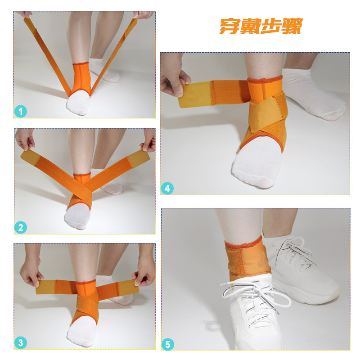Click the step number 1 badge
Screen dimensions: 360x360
click(x=21, y=112)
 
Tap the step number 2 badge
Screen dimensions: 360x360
click(x=21, y=228)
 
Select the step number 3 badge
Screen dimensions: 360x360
click(x=21, y=343)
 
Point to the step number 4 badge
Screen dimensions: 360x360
click(x=167, y=189)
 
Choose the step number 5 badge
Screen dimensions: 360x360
click(x=168, y=344)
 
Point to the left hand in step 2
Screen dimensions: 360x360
click(x=25, y=139)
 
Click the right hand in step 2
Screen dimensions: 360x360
click(x=148, y=140)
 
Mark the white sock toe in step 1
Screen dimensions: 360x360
click(x=78, y=104)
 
